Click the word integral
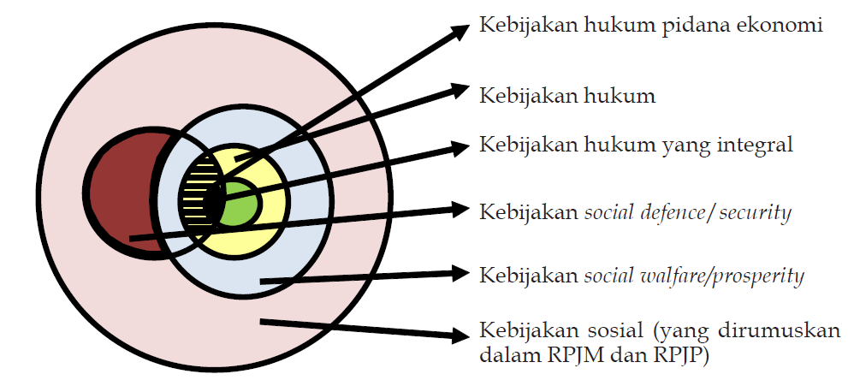point(756,144)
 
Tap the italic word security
point(755,211)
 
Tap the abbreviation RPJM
point(569,353)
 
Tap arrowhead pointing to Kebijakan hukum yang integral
point(460,147)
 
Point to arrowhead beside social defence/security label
point(460,210)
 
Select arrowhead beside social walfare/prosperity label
point(460,274)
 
